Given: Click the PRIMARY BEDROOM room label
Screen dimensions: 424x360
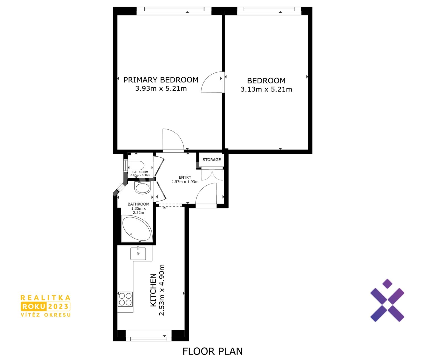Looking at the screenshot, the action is coord(161,80).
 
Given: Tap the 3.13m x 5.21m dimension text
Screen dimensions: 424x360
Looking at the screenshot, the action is coord(266,89).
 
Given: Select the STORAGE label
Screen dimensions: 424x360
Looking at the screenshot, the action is coord(211,160).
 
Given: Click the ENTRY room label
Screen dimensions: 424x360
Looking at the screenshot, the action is coord(185,177).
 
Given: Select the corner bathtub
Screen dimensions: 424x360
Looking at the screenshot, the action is coord(137,228).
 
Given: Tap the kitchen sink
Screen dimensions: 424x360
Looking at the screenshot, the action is coord(138,254).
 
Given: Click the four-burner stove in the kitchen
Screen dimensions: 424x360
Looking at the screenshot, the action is coord(125,299).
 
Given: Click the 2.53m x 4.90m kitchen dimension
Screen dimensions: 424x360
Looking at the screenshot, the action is coord(162,290).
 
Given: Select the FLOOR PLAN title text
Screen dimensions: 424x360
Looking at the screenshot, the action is coord(213,351).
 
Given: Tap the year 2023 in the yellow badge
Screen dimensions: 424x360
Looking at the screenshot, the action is coord(59,306).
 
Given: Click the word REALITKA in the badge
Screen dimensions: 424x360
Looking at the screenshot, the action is coord(46,298).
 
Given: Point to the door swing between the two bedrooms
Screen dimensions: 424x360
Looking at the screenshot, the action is coord(212,82).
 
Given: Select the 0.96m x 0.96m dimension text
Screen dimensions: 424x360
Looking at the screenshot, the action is coord(140,175).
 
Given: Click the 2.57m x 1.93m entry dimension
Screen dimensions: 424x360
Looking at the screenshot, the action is coord(185,182).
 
